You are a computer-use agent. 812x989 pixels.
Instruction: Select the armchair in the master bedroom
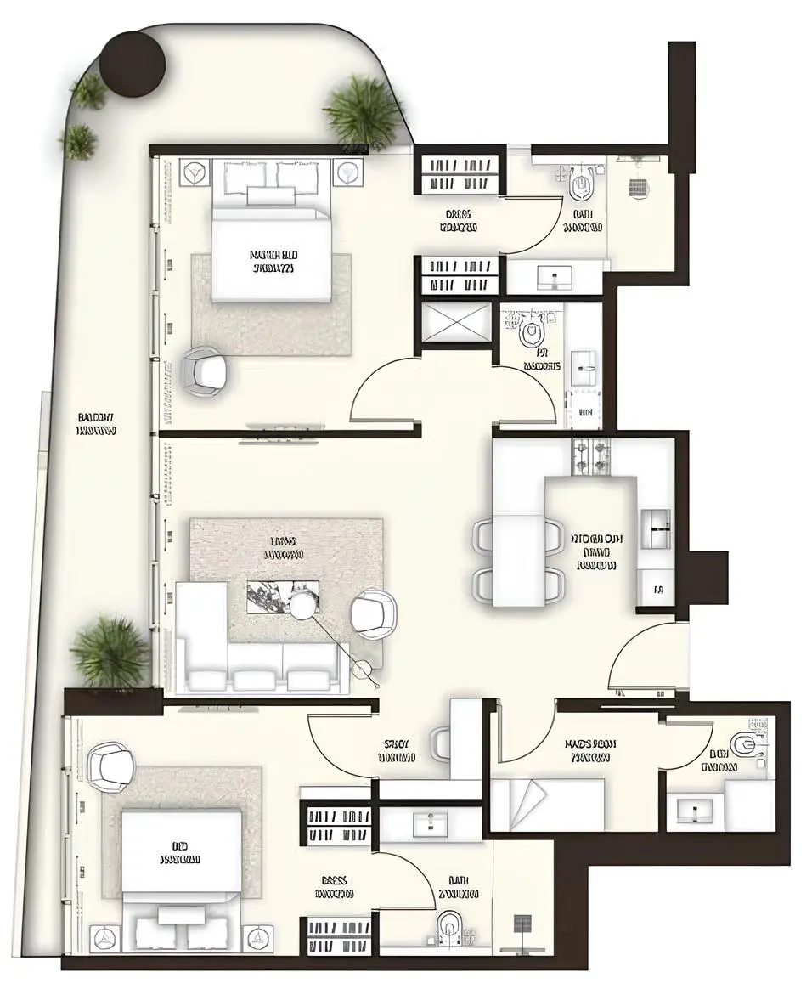[206, 370]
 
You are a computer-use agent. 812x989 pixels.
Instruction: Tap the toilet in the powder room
[532, 331]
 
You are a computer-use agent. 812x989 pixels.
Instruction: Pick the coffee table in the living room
[282, 595]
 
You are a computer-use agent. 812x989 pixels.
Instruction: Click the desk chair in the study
[442, 743]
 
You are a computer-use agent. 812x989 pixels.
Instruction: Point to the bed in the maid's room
[547, 804]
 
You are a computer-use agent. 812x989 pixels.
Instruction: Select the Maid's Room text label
[590, 750]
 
